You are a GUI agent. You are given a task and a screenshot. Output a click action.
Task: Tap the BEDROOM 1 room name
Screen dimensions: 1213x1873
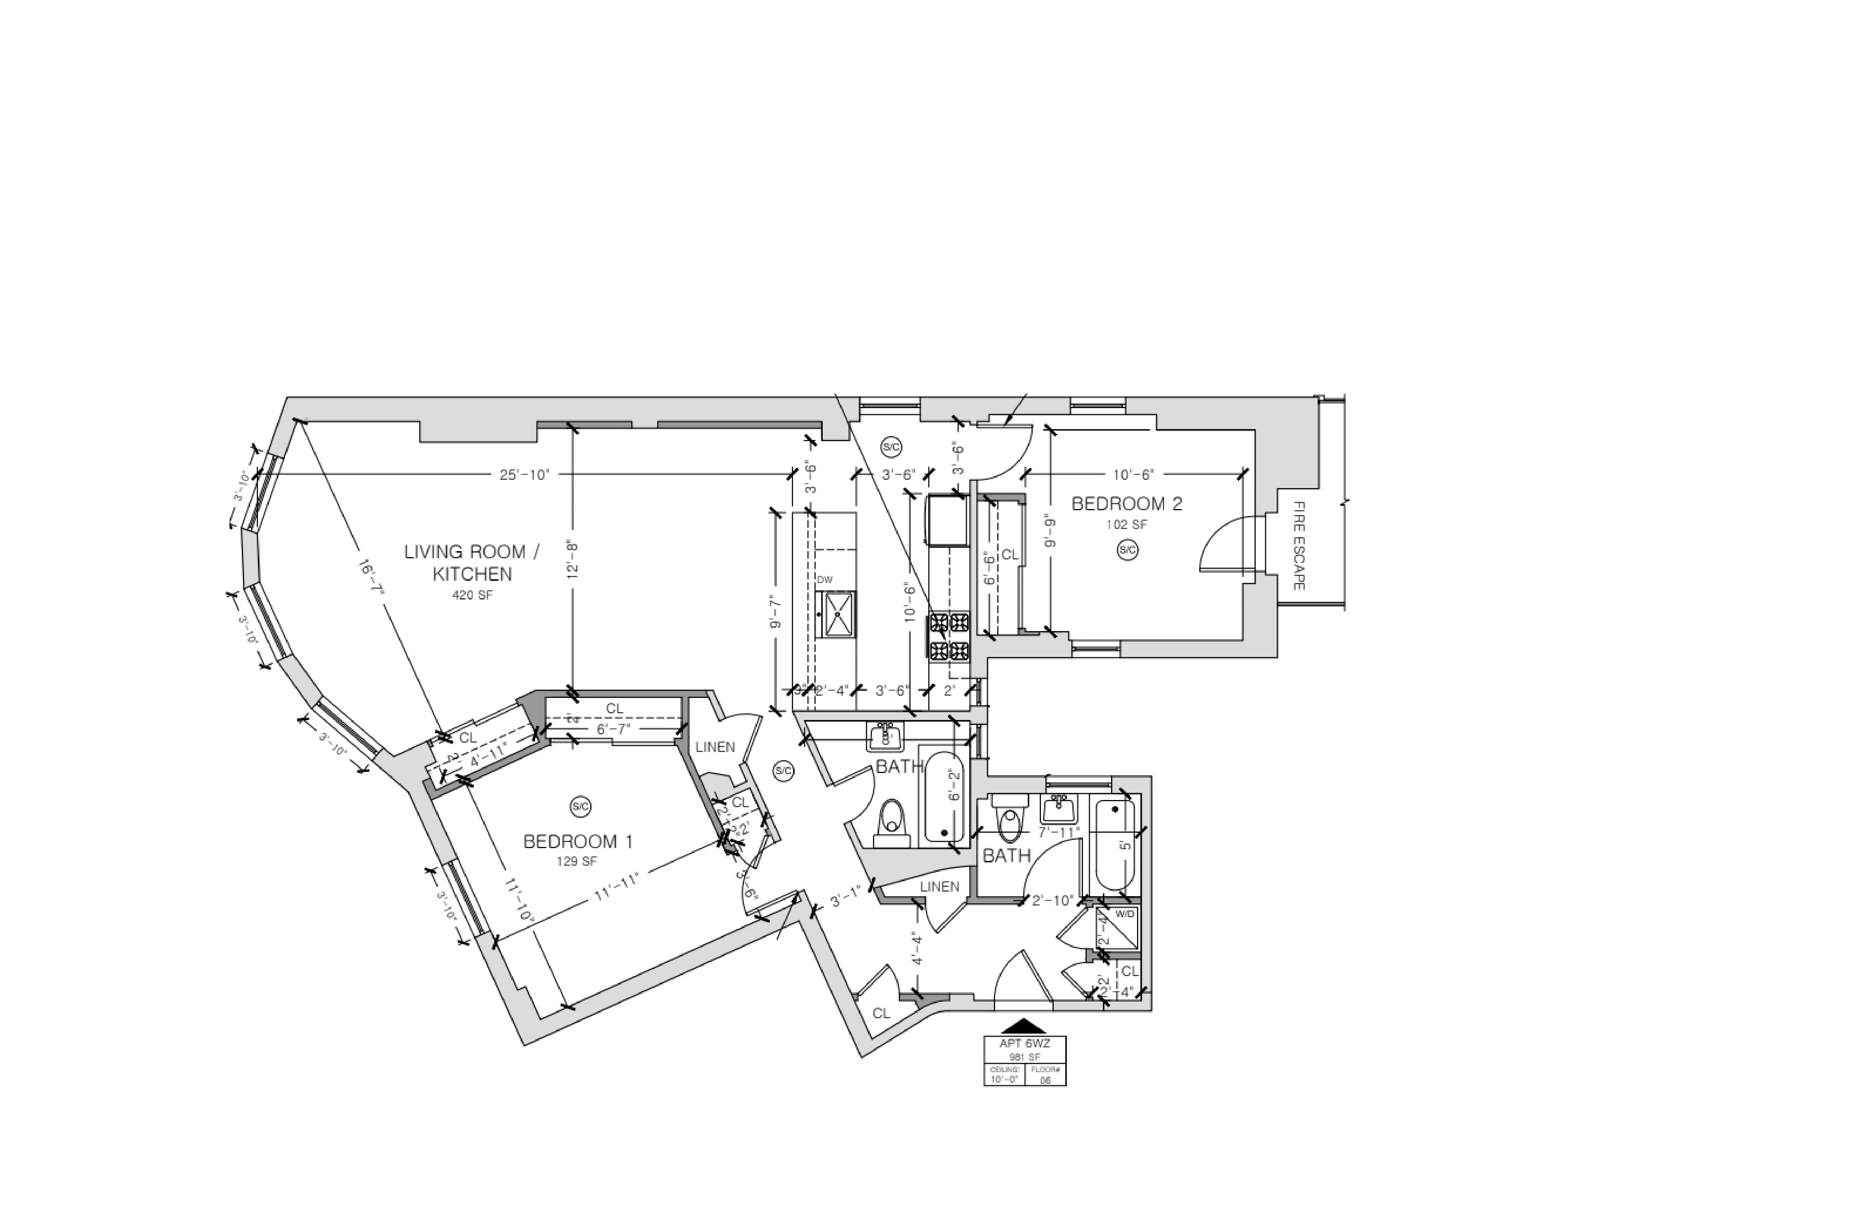(578, 842)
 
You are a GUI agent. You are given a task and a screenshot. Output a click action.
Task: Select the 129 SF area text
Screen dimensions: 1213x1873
(577, 861)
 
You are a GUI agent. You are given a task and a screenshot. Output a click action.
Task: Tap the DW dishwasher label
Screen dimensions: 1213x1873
(824, 580)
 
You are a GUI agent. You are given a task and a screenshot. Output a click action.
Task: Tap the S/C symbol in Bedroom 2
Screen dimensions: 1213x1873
(1127, 550)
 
